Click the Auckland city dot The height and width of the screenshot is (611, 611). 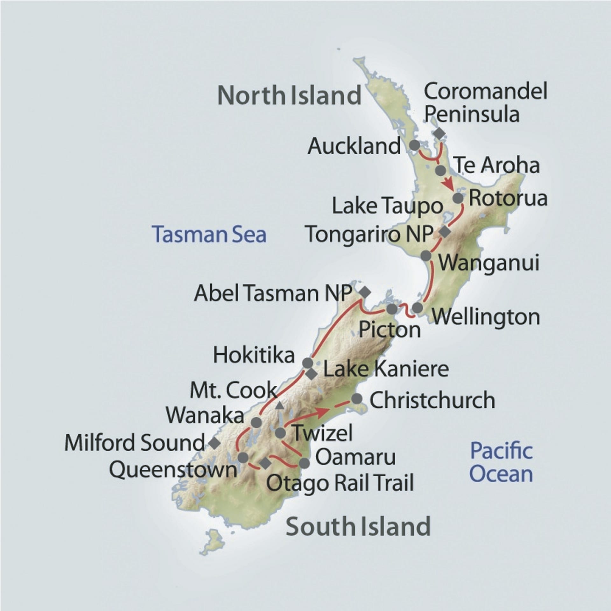click(x=414, y=145)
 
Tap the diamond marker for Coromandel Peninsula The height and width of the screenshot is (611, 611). click(x=439, y=133)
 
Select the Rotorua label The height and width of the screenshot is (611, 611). click(x=508, y=198)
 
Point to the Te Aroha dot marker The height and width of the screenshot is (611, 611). click(x=441, y=170)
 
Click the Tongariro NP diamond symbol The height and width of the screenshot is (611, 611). click(x=445, y=232)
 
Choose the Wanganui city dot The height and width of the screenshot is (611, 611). click(x=426, y=255)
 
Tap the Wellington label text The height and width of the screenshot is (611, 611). click(x=486, y=317)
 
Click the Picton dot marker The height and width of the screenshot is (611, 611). click(x=392, y=309)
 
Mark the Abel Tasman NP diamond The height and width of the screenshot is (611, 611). click(x=365, y=291)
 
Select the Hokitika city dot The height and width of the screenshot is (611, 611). click(x=307, y=363)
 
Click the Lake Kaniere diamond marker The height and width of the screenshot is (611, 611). click(x=311, y=374)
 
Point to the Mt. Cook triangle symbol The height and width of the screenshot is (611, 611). click(x=279, y=405)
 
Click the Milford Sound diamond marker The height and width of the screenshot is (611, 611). click(x=214, y=442)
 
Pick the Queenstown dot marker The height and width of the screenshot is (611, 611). click(x=243, y=458)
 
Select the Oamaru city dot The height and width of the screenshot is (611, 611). click(x=304, y=463)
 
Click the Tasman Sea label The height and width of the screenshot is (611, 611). click(x=209, y=235)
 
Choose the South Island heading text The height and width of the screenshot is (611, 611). click(x=358, y=527)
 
